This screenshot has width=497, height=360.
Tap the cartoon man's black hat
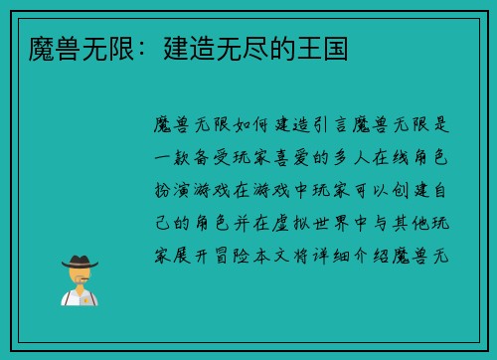click(x=79, y=261)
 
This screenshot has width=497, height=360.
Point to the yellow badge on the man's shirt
click(x=87, y=298)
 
